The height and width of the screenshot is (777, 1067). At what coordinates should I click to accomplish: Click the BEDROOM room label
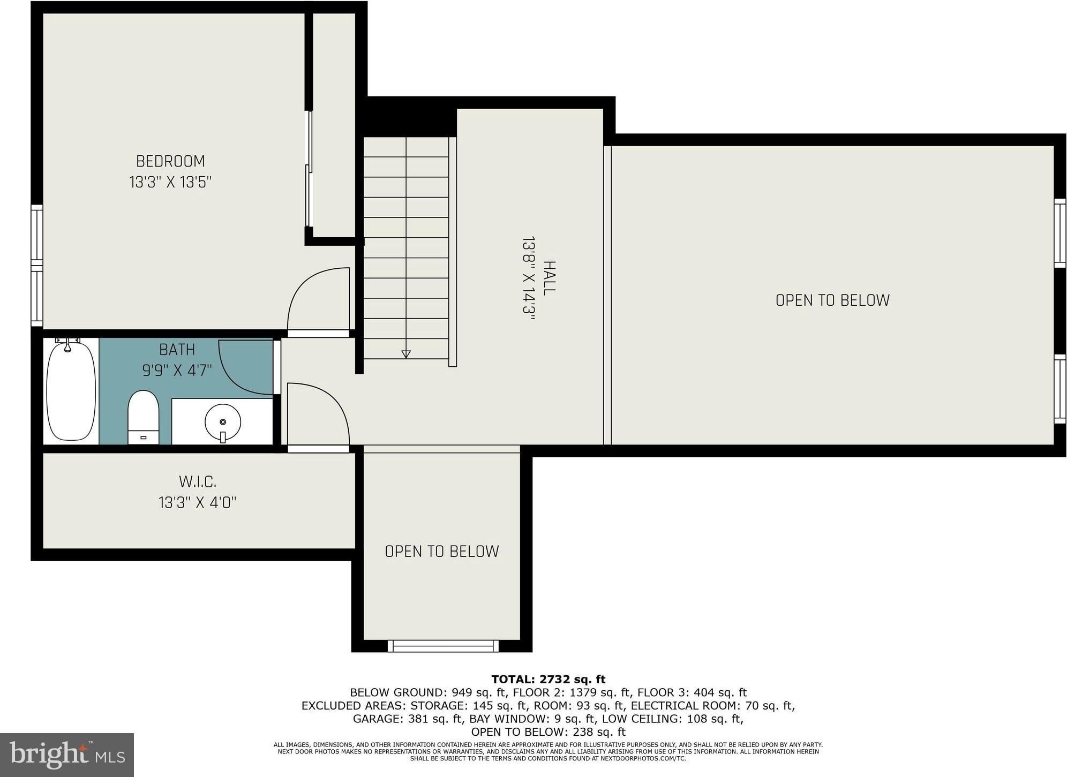click(170, 161)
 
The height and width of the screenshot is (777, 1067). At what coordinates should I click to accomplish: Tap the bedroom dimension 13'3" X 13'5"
click(170, 183)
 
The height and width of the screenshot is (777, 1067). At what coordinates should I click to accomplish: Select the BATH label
click(177, 350)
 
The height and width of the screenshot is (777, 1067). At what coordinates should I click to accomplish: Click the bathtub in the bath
click(71, 391)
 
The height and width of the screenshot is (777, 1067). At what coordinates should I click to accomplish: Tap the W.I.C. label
click(198, 482)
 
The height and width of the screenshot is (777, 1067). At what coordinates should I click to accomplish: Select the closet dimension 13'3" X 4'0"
click(198, 503)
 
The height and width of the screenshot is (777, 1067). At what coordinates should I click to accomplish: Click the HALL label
click(550, 278)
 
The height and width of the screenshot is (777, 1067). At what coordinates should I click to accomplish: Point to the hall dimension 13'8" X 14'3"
click(529, 278)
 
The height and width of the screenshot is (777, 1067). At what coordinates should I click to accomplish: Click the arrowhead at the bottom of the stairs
click(406, 354)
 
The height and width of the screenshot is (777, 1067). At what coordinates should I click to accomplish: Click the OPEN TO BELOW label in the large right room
click(832, 300)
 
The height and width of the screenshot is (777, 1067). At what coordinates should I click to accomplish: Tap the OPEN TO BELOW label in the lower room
click(442, 552)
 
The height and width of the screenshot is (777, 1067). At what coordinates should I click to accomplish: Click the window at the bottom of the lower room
click(443, 646)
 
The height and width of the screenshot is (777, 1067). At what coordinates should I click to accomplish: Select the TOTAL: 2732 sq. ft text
click(548, 680)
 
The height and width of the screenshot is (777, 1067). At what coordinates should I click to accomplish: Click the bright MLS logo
click(67, 755)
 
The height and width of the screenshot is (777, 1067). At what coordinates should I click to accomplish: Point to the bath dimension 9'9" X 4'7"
click(177, 371)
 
